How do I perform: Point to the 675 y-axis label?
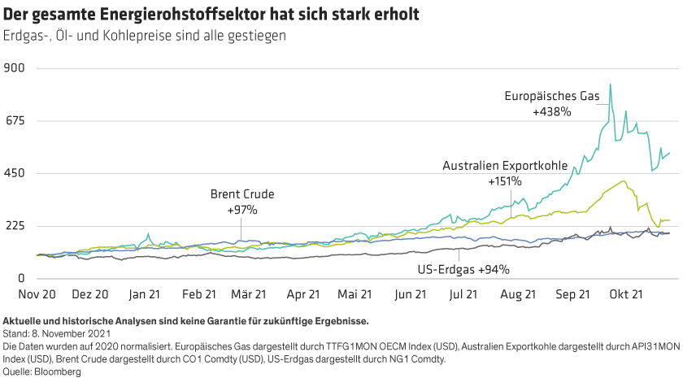click(16, 121)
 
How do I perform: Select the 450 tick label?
click(16, 173)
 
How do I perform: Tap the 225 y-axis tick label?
click(16, 226)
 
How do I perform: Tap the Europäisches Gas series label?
click(552, 97)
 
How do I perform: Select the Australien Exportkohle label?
click(504, 166)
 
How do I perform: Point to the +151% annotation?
click(504, 180)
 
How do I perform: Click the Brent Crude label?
click(242, 195)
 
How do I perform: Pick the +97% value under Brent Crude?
click(242, 210)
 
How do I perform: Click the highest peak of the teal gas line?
click(610, 85)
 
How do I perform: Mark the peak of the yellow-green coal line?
click(622, 181)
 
